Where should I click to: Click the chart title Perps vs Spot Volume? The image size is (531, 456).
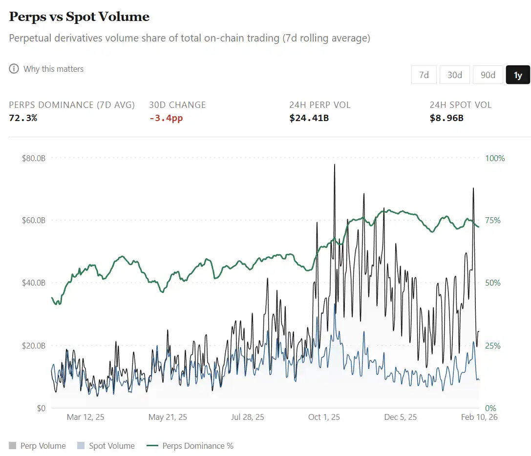[79, 17]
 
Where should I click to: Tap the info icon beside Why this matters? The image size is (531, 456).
[14, 69]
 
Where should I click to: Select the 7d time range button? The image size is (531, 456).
[424, 75]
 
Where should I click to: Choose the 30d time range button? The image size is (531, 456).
[454, 75]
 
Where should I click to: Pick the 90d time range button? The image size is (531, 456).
[488, 75]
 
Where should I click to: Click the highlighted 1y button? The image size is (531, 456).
[518, 75]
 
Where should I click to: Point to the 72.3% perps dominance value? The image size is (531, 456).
[23, 118]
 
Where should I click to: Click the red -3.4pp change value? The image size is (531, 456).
[166, 118]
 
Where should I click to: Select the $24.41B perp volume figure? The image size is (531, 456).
[309, 118]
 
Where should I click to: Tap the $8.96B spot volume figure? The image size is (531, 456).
[446, 118]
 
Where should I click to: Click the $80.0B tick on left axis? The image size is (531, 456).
[33, 158]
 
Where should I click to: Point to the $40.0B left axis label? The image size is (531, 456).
[33, 283]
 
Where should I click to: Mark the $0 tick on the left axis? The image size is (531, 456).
[41, 408]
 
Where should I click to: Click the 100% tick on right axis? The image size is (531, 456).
[495, 158]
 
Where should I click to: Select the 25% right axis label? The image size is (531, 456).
[492, 346]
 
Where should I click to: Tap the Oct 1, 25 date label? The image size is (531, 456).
[324, 417]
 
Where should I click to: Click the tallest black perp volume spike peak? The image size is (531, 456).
[335, 165]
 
